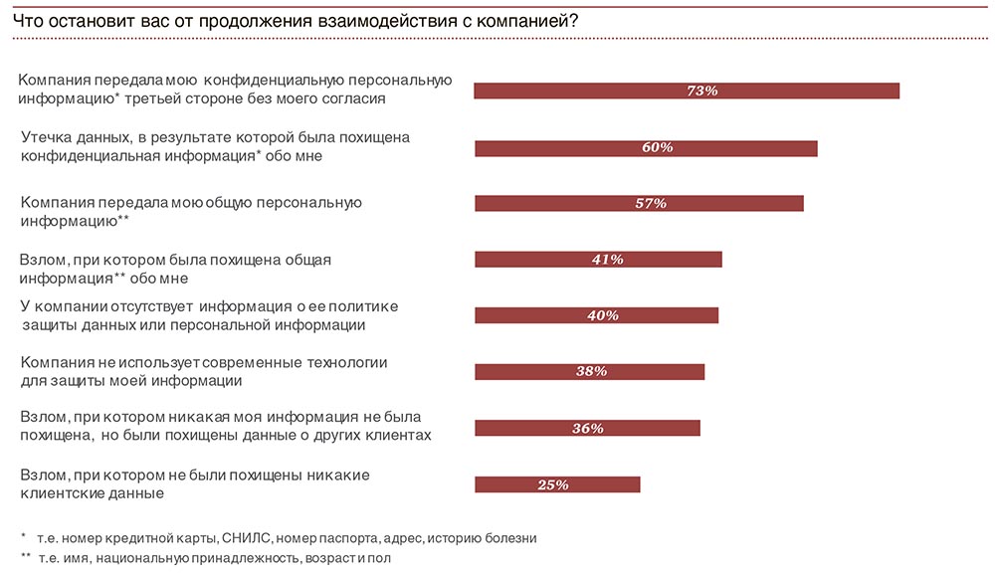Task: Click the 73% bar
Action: (x=687, y=91)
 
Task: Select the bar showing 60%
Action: (x=646, y=148)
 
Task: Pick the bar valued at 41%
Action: (x=598, y=260)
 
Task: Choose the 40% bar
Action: (x=596, y=315)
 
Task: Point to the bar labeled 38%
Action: (x=589, y=371)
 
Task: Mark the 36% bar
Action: (x=587, y=428)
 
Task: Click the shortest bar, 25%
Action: (x=557, y=484)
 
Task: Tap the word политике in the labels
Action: (x=367, y=305)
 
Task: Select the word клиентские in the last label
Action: (x=58, y=492)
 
